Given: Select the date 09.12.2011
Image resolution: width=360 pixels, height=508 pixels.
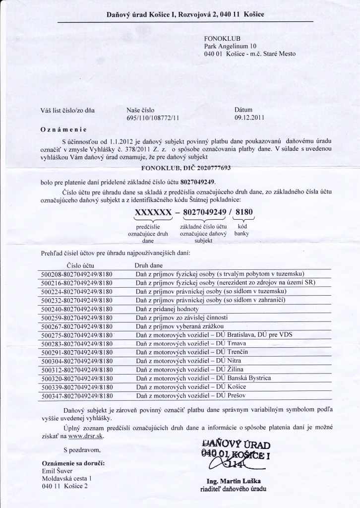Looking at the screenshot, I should [249, 118].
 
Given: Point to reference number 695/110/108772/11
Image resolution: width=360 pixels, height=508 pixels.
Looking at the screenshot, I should [153, 118].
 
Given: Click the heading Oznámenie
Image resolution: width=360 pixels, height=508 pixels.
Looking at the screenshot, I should [63, 130].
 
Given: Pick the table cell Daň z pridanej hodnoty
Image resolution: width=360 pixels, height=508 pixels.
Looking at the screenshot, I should [164, 309].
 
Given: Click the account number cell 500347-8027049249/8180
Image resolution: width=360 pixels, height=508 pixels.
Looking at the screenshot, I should [78, 396].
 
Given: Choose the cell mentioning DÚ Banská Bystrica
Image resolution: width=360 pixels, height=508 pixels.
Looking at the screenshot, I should [203, 378].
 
